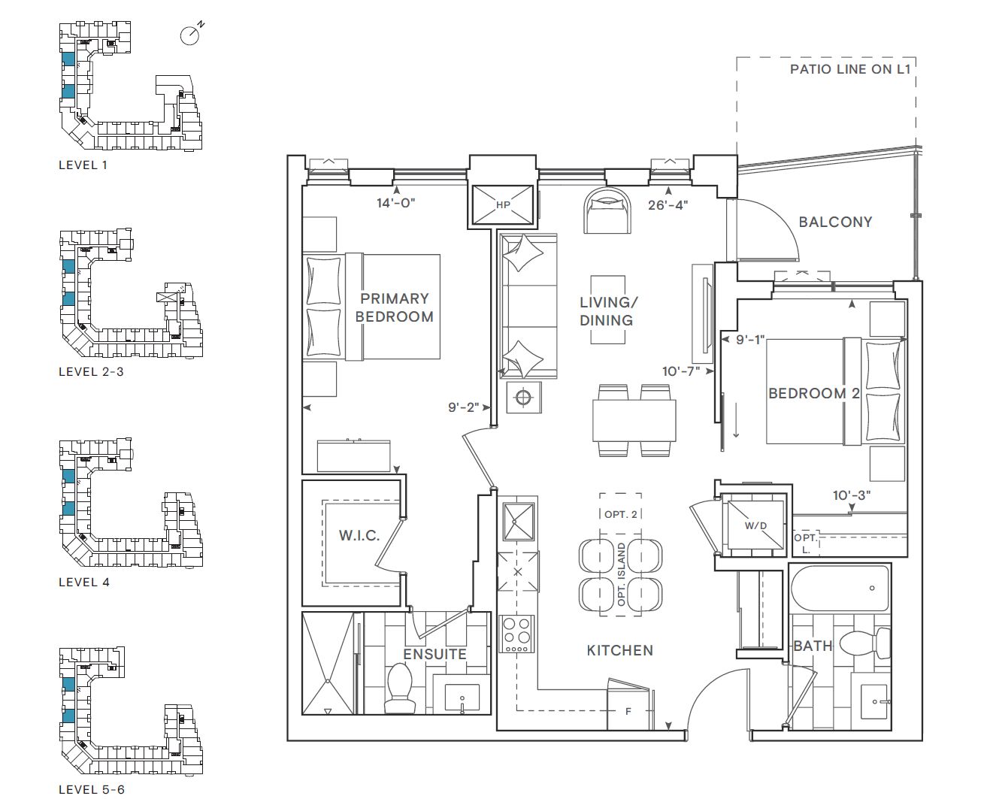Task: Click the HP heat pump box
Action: click(503, 204)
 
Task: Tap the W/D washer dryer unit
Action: click(755, 525)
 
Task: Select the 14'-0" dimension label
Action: click(396, 203)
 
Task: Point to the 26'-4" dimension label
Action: click(668, 205)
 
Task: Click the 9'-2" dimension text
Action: click(463, 407)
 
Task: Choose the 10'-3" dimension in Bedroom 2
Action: click(852, 495)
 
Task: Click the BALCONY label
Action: click(835, 222)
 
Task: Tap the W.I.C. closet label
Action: click(359, 536)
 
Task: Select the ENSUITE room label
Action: click(434, 654)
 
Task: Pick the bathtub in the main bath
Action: click(840, 588)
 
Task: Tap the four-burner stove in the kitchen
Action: click(516, 634)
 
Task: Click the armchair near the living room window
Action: click(607, 210)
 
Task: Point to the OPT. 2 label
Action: click(621, 514)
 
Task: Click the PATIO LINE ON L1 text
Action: click(850, 69)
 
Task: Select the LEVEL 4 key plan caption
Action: click(84, 583)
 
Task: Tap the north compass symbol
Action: click(190, 35)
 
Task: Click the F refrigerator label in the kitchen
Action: click(628, 712)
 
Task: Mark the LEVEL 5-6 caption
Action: click(92, 790)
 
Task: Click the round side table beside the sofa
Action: click(523, 397)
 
